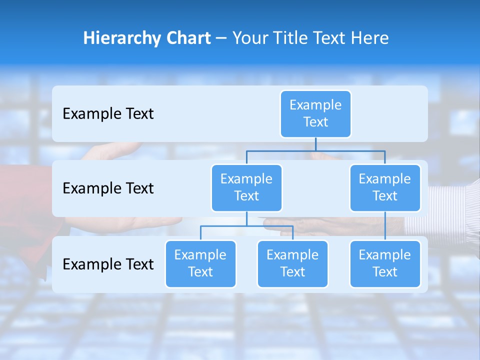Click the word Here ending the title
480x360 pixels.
pos(369,38)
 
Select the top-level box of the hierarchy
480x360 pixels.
pos(315,113)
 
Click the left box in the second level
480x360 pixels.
pos(246,187)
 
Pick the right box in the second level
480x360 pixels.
pos(385,187)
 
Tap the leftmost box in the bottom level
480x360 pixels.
pos(200,263)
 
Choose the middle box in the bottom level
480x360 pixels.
pos(292,263)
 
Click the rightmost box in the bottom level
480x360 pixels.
pos(385,263)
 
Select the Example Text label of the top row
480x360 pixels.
pos(108,114)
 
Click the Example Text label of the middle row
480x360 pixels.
pos(108,188)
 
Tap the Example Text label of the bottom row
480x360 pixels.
pos(108,264)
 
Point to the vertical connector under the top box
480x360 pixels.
pos(315,144)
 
